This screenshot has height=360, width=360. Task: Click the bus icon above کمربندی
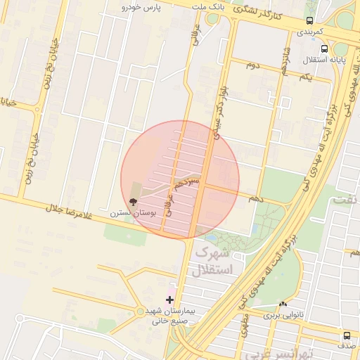pyautogui.click(x=310, y=20)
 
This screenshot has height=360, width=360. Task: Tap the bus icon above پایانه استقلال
pyautogui.click(x=324, y=49)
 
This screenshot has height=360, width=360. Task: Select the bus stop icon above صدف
pyautogui.click(x=347, y=335)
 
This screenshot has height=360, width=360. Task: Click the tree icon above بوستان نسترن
pyautogui.click(x=134, y=200)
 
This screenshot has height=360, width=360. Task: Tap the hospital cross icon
pyautogui.click(x=169, y=300)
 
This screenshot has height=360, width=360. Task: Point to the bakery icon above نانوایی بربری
pyautogui.click(x=283, y=304)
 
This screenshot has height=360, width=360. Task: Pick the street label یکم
pyautogui.click(x=304, y=76)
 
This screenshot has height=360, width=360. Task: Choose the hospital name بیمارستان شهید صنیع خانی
pyautogui.click(x=169, y=316)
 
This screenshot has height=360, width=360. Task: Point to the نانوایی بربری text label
pyautogui.click(x=280, y=316)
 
